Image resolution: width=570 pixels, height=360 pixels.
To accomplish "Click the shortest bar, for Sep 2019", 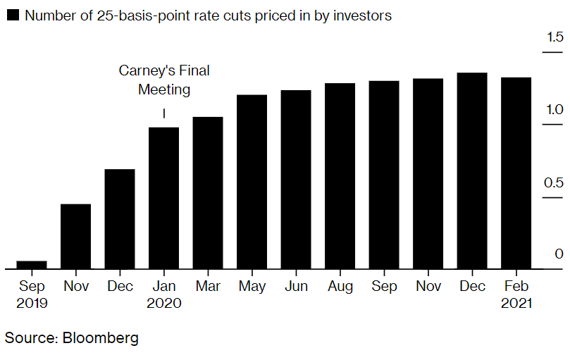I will [32, 265].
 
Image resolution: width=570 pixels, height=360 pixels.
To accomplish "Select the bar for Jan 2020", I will [163, 198].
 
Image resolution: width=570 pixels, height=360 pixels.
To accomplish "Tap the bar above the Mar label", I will [208, 193].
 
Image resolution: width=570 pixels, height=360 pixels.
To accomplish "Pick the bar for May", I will [252, 182].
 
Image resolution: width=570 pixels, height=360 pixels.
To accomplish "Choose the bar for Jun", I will [296, 180].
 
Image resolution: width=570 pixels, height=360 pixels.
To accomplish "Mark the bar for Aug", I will [340, 176].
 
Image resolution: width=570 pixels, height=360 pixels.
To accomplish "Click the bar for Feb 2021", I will [516, 173].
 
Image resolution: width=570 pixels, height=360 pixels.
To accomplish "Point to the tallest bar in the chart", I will [472, 170].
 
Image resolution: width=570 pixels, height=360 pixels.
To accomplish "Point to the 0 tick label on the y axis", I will [559, 254].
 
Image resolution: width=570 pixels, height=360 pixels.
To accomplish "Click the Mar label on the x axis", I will [208, 287].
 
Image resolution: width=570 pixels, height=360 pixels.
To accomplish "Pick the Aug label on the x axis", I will [340, 287].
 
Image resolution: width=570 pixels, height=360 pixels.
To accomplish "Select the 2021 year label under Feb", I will [516, 304].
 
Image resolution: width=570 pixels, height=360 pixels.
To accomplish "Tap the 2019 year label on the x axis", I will [32, 304].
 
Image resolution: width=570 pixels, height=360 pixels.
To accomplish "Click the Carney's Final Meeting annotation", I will [164, 80].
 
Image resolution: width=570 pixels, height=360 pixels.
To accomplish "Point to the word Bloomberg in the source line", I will [101, 338].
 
